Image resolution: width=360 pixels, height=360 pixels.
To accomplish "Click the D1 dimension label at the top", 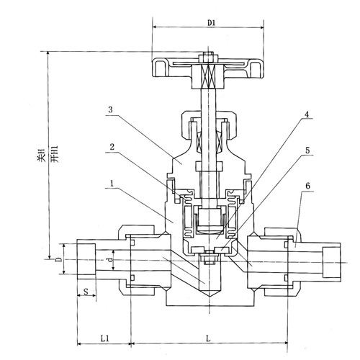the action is (212, 23).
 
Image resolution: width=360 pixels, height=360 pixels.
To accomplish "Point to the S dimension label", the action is (86, 292).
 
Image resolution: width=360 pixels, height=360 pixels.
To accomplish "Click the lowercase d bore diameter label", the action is (109, 260).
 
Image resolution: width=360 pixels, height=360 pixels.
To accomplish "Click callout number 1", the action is (112, 184).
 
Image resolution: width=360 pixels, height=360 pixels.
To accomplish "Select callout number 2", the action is (112, 147).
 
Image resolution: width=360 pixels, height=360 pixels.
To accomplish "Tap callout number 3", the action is (110, 109).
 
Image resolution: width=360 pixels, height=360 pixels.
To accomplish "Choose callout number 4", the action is (307, 114).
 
